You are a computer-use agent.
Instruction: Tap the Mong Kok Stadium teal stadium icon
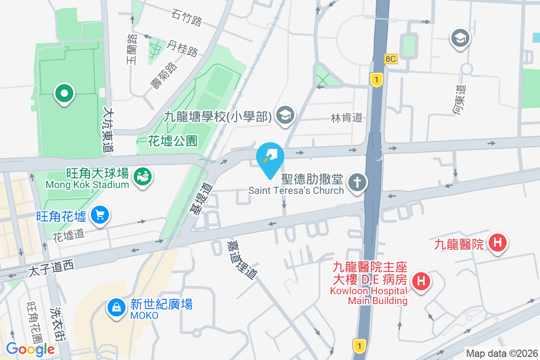(x=144, y=176)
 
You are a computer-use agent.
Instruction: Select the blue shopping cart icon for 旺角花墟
(x=99, y=216)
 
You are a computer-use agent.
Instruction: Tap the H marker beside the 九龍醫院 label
(x=498, y=243)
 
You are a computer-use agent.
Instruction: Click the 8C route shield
(x=391, y=59)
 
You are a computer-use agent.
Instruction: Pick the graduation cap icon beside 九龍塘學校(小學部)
(x=285, y=116)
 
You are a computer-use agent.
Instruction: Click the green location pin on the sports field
(x=64, y=94)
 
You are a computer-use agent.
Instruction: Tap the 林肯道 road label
(x=346, y=118)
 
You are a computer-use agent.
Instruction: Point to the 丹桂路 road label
(x=182, y=49)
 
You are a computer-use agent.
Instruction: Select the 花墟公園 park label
(x=173, y=141)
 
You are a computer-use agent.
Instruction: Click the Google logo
(x=30, y=349)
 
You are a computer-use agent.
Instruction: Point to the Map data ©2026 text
(x=502, y=353)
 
